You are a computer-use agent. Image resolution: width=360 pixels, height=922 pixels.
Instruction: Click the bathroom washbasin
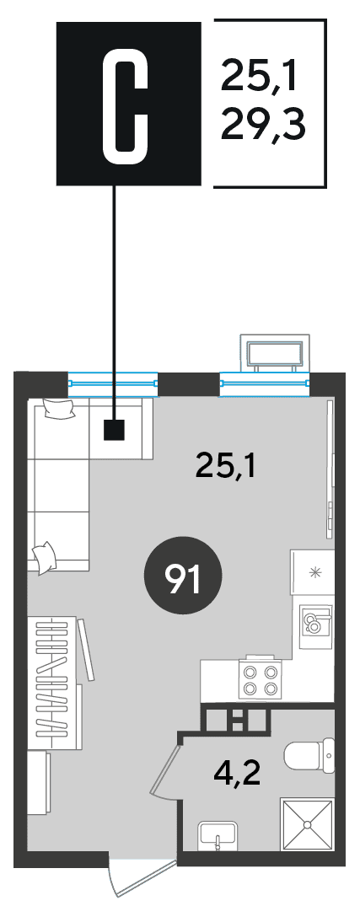[x=218, y=835]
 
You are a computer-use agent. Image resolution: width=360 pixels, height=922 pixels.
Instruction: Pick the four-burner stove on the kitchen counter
[x=260, y=680]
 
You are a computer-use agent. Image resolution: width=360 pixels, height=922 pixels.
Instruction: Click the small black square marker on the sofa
[x=114, y=430]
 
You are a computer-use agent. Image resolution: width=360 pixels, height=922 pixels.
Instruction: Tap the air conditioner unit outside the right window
[x=274, y=353]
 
